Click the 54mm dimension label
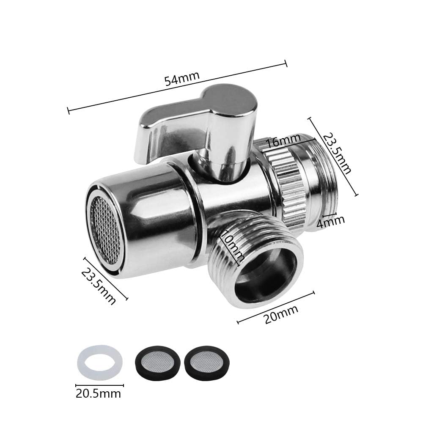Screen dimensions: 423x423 pyautogui.click(x=182, y=78)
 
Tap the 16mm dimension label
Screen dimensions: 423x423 pyautogui.click(x=283, y=140)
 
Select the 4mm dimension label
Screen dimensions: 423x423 pyautogui.click(x=330, y=222)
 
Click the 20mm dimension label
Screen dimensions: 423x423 pyautogui.click(x=281, y=314)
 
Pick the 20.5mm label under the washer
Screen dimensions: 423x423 pyautogui.click(x=98, y=393)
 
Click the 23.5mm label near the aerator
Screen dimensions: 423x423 pyautogui.click(x=99, y=286)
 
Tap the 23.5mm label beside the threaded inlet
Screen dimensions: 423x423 pyautogui.click(x=337, y=153)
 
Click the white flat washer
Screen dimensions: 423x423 pyautogui.click(x=99, y=363)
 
